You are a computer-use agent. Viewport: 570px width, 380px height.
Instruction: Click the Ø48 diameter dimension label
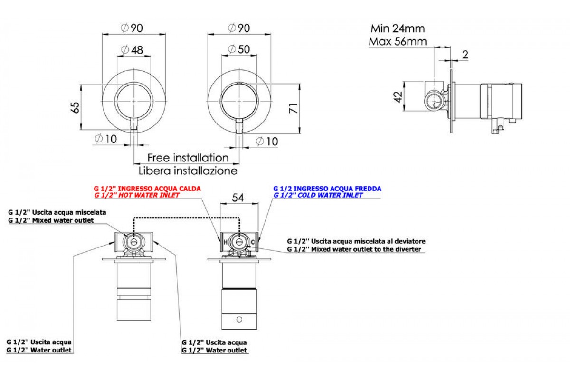pyautogui.click(x=132, y=50)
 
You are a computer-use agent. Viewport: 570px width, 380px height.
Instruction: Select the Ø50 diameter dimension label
pyautogui.click(x=239, y=49)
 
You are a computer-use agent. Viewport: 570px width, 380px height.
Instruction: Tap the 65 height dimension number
pyautogui.click(x=75, y=107)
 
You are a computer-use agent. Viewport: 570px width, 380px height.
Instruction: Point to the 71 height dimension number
pyautogui.click(x=294, y=108)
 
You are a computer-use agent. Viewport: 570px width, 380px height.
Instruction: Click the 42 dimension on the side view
pyautogui.click(x=398, y=97)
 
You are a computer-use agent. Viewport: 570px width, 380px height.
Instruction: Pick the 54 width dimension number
pyautogui.click(x=238, y=198)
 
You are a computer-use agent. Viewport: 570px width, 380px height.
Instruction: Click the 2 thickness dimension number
pyautogui.click(x=465, y=55)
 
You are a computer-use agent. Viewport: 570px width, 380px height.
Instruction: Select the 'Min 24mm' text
pyautogui.click(x=398, y=28)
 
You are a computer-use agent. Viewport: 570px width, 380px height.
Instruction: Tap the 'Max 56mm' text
pyautogui.click(x=398, y=41)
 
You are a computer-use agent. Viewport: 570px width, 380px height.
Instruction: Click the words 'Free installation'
pyautogui.click(x=188, y=158)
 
